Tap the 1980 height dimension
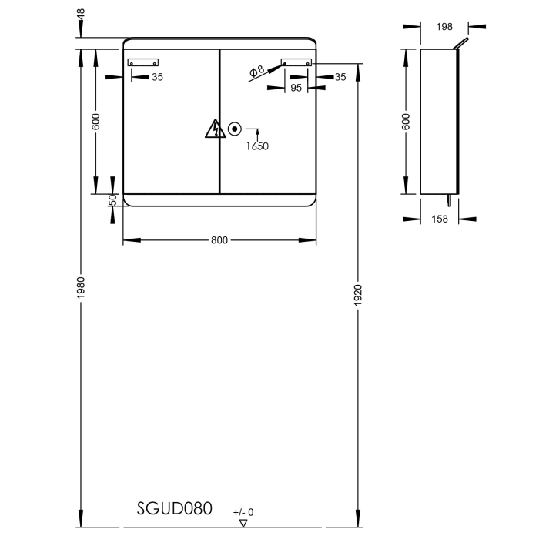(81, 287)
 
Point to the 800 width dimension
(219, 240)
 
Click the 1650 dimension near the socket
(258, 146)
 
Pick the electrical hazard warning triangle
(214, 129)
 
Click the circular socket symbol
(235, 129)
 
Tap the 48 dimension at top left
(81, 15)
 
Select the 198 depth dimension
(444, 27)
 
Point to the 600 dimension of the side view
(406, 121)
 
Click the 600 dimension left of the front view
(96, 121)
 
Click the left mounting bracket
(142, 63)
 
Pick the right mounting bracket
(296, 63)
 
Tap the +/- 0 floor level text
(243, 512)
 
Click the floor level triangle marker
(243, 522)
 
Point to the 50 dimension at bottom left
(112, 199)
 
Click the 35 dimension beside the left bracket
(157, 77)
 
